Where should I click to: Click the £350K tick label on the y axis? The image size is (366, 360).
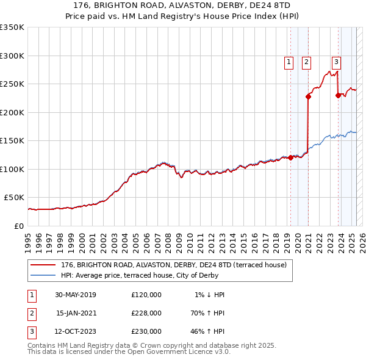(12, 27)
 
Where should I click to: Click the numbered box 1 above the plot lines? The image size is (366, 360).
(287, 61)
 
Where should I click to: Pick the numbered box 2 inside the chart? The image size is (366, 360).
(306, 61)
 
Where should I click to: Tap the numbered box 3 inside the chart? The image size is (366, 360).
(336, 61)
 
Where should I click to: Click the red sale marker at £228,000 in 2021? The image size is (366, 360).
(308, 96)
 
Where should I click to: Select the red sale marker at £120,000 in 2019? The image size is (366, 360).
(290, 157)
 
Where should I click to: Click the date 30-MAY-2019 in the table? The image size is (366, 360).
(76, 295)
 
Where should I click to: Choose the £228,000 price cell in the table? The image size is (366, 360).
(146, 313)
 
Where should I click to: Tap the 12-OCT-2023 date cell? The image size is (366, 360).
(76, 331)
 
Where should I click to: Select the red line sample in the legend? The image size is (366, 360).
(43, 265)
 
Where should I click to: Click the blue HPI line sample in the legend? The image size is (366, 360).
(43, 276)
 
